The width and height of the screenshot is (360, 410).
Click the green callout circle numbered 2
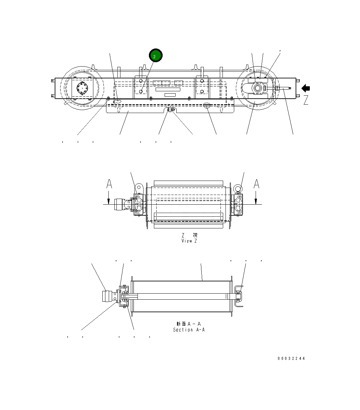point(156,56)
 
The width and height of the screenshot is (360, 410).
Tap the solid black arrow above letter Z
point(306,88)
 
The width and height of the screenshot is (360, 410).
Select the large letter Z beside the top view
point(306,100)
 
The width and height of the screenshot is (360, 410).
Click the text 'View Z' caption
point(189,241)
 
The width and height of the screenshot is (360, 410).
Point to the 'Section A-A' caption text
point(189,330)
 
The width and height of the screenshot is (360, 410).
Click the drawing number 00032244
point(291,358)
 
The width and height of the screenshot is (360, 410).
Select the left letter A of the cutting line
point(109,184)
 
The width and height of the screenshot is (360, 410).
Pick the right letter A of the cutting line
point(256,184)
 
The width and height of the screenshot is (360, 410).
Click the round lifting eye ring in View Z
point(238,189)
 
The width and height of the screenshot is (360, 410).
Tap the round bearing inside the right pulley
point(258,88)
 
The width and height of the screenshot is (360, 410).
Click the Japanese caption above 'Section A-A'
point(189,324)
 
